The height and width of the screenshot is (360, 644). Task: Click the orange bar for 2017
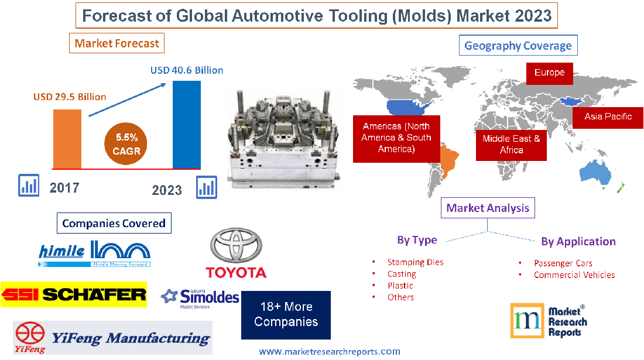[67, 138]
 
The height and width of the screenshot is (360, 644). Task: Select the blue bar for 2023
[187, 124]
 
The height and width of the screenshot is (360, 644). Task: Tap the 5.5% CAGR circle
[126, 144]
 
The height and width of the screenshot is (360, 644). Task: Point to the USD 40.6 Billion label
[187, 70]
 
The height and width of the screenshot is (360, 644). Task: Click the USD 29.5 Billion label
[70, 97]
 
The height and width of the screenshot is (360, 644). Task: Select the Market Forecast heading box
[117, 43]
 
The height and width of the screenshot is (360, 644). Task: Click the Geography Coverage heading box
[518, 46]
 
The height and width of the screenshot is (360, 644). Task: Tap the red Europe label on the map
[549, 73]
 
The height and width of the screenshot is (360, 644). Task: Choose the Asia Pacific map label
[608, 116]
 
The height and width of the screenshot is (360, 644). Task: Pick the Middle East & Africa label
[511, 144]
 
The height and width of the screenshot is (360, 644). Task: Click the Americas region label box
[396, 138]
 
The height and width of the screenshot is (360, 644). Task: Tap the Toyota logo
[236, 253]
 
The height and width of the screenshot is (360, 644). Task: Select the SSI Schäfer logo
[74, 294]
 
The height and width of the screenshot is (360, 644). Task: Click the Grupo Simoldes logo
[200, 299]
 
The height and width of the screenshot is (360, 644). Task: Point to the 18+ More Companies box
[286, 314]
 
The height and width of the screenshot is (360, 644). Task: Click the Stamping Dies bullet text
[415, 262]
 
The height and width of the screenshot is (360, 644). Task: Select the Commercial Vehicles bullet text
[574, 275]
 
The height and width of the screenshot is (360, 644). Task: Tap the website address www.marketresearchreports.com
[330, 351]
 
